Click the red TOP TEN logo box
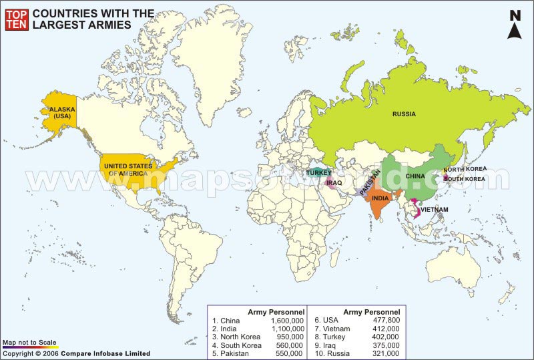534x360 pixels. (x=16, y=18)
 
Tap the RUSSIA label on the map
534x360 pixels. (x=403, y=114)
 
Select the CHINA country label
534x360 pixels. (x=415, y=176)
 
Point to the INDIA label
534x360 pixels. (x=380, y=198)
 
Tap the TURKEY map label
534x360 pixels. (x=319, y=172)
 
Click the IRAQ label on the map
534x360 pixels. (x=334, y=182)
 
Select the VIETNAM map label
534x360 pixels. (x=435, y=209)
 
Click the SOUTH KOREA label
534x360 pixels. (x=465, y=179)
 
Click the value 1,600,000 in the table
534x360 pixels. (x=288, y=321)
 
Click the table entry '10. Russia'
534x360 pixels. (x=333, y=353)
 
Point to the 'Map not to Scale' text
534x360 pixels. (x=26, y=342)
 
